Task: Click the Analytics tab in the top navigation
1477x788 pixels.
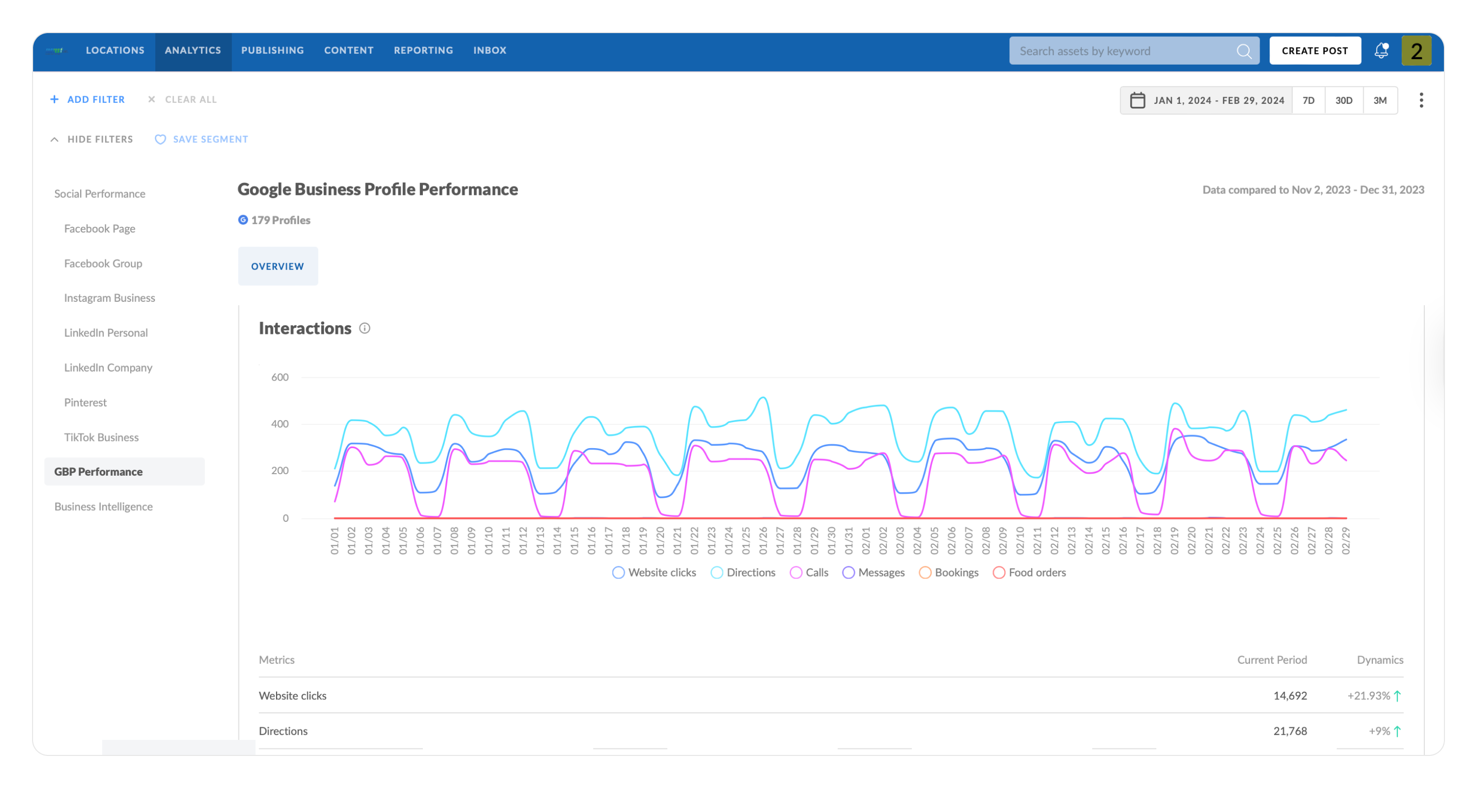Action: click(193, 51)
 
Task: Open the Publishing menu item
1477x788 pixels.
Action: click(273, 51)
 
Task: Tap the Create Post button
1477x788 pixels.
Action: click(1314, 51)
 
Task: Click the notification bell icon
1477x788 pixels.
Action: click(1381, 51)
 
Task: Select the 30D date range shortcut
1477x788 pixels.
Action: click(1343, 100)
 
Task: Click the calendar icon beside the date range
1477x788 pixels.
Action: click(1137, 100)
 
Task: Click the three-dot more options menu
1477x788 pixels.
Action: click(1421, 100)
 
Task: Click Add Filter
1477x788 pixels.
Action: click(88, 99)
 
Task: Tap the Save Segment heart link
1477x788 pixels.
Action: click(201, 139)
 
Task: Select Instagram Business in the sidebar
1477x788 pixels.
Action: click(110, 298)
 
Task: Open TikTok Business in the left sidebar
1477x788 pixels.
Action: click(102, 437)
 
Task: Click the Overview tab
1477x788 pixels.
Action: click(278, 266)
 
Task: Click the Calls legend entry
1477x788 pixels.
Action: click(809, 572)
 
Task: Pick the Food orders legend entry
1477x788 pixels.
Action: click(1030, 572)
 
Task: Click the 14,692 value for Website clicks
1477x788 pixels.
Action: click(1290, 696)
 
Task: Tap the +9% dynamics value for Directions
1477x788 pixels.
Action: click(1379, 731)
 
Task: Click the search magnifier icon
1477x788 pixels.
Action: click(1244, 51)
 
